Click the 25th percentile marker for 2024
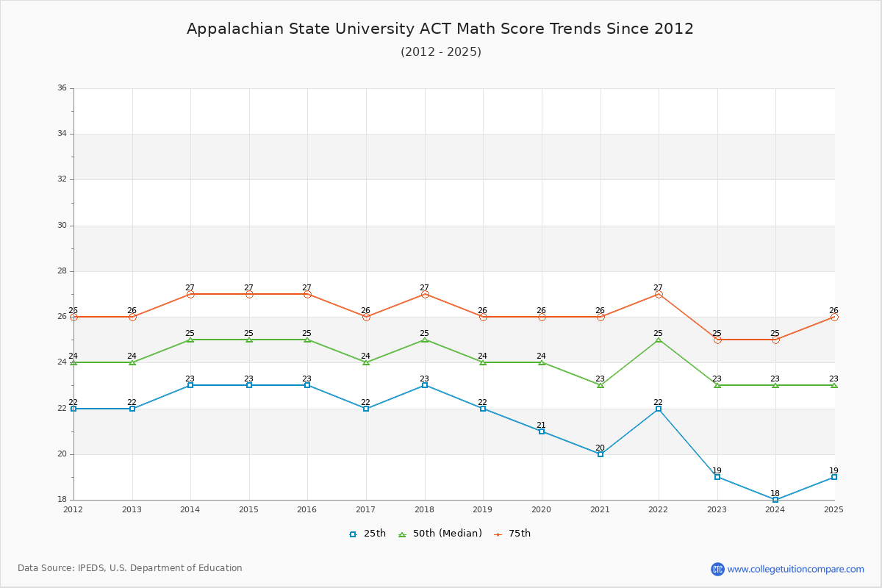pyautogui.click(x=775, y=500)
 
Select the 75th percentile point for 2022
pyautogui.click(x=659, y=294)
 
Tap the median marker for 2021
pyautogui.click(x=600, y=385)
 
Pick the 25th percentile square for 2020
pyautogui.click(x=542, y=431)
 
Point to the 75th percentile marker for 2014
pyautogui.click(x=190, y=294)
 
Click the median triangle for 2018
pyautogui.click(x=425, y=340)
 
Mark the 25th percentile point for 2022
pyautogui.click(x=659, y=409)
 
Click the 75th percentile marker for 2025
pyautogui.click(x=834, y=317)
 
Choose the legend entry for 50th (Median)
pyautogui.click(x=440, y=534)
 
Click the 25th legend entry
pyautogui.click(x=367, y=534)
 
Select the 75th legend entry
pyautogui.click(x=512, y=534)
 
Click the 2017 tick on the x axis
pyautogui.click(x=366, y=509)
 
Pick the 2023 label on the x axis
pyautogui.click(x=717, y=509)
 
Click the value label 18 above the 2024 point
pyautogui.click(x=775, y=493)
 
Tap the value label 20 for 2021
pyautogui.click(x=600, y=448)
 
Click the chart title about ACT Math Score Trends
pyautogui.click(x=440, y=29)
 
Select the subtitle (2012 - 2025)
pyautogui.click(x=440, y=51)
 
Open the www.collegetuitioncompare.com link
pyautogui.click(x=795, y=569)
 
